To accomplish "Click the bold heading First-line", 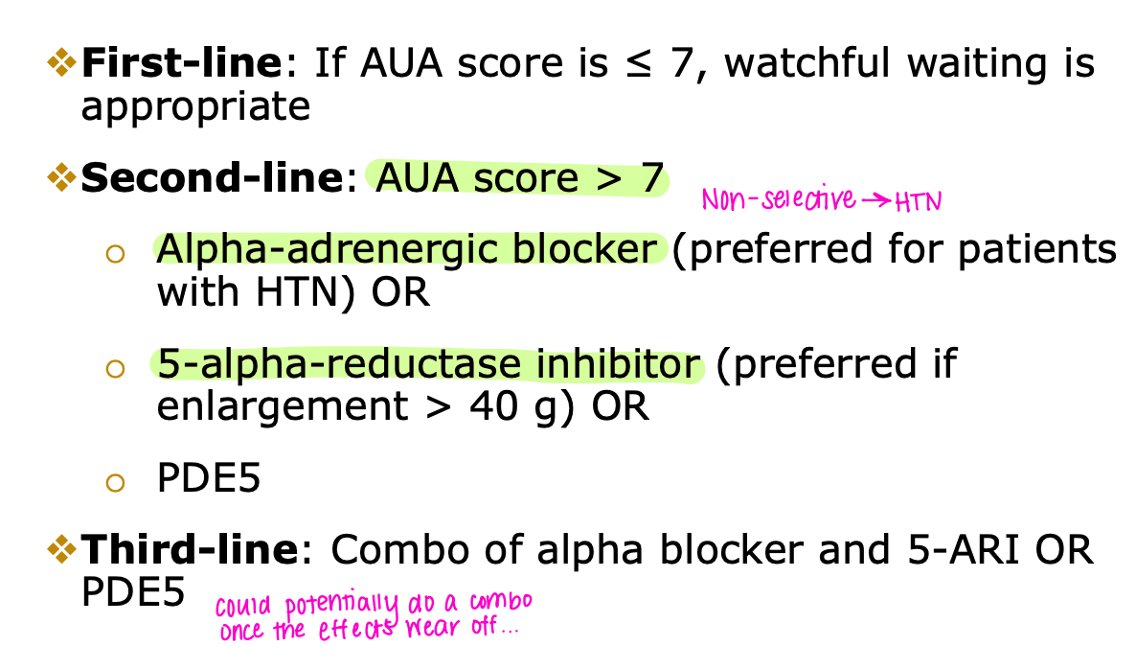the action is pos(183,64).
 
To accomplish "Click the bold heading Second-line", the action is pos(210,178).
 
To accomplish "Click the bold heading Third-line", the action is pos(190,550).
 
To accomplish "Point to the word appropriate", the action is pos(195,106).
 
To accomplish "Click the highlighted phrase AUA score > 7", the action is pos(518,178).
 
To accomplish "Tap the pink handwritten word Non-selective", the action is pos(778,199).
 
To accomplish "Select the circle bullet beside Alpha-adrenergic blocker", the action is pos(116,253).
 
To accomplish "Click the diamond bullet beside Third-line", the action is pos(62,549).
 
